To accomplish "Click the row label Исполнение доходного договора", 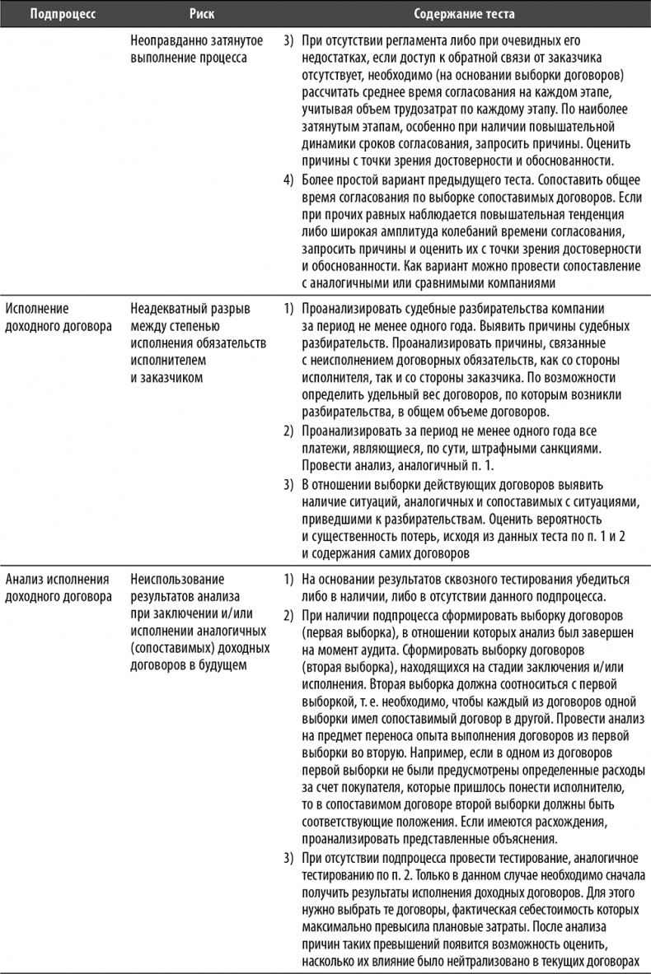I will click(58, 316).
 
